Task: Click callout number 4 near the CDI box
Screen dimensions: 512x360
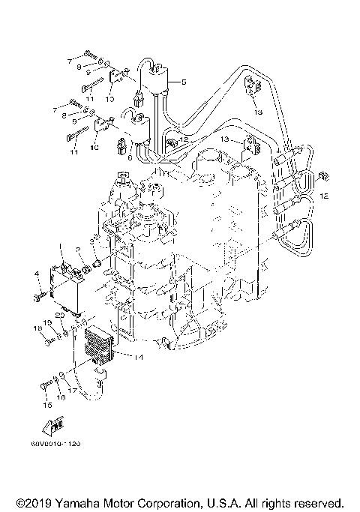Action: [x=36, y=274]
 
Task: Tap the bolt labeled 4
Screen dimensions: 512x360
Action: [x=39, y=297]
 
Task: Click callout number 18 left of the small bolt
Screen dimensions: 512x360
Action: [x=36, y=328]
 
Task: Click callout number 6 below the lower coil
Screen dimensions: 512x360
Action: [x=130, y=158]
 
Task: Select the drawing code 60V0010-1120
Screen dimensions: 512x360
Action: [x=55, y=444]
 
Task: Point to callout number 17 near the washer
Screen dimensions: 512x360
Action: [x=73, y=391]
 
